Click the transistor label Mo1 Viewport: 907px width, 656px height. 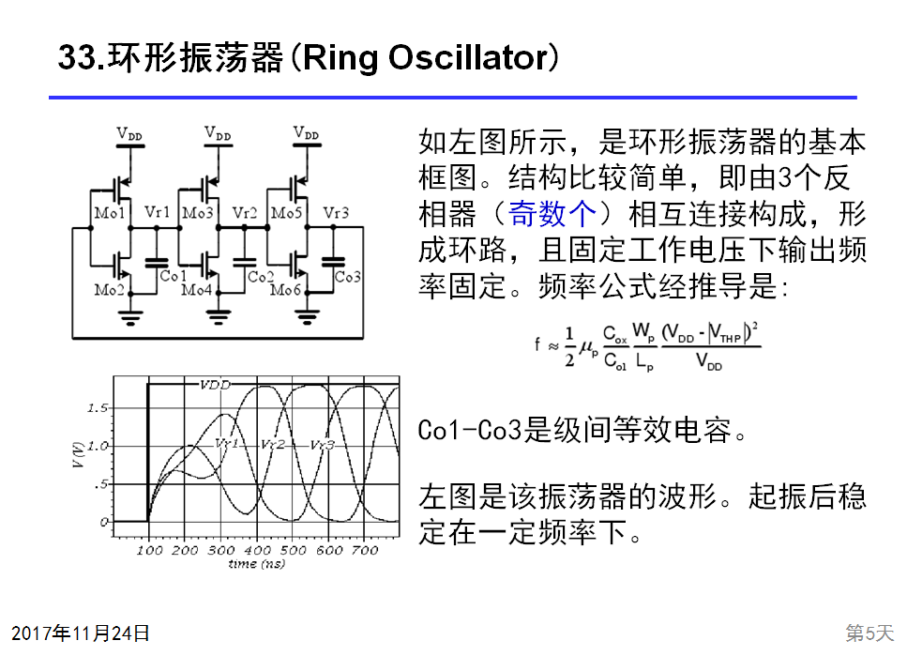point(109,213)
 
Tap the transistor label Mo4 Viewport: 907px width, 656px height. point(197,290)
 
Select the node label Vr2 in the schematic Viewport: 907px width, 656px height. point(244,213)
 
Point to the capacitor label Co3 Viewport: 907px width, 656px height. point(347,277)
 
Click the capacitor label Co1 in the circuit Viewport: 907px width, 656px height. point(173,277)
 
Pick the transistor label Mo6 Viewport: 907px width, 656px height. point(285,290)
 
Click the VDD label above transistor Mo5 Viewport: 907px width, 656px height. point(306,134)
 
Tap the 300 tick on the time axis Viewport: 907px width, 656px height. point(221,550)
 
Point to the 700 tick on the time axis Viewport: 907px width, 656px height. point(364,550)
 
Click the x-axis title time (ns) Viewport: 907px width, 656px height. point(256,564)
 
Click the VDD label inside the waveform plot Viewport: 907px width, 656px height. point(214,385)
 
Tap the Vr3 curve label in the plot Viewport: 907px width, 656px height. point(322,444)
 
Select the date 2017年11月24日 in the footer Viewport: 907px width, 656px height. point(81,633)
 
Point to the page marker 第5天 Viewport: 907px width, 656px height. point(869,633)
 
